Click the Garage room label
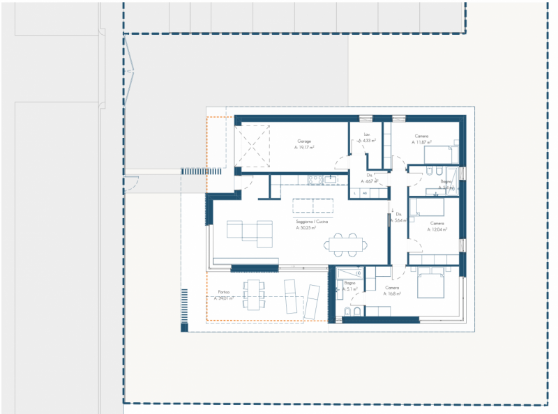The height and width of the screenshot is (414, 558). click(304, 141)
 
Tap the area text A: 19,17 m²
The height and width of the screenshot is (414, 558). click(304, 148)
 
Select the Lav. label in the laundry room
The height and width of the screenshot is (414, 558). click(366, 135)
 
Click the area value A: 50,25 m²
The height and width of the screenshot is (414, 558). click(306, 228)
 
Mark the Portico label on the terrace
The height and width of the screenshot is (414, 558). click(223, 291)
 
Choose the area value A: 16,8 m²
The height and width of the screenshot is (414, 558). click(392, 294)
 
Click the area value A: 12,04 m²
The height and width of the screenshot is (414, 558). click(437, 229)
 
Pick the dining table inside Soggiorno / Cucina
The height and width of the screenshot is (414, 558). click(347, 243)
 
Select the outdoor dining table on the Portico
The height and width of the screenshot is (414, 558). click(255, 293)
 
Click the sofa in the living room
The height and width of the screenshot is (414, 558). click(248, 231)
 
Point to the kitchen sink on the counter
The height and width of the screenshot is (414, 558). click(331, 179)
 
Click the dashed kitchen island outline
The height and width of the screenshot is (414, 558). click(313, 206)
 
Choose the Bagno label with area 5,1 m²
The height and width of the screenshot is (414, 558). click(349, 283)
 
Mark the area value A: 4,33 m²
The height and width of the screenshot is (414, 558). click(368, 141)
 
